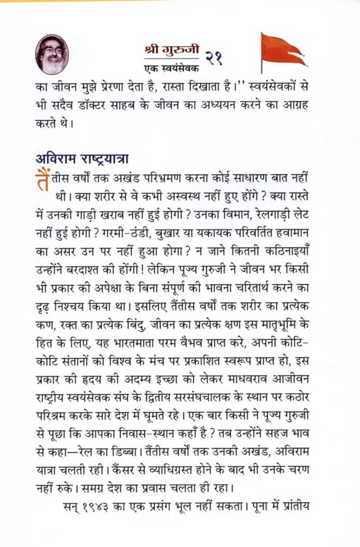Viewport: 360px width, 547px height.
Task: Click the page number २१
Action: (214, 57)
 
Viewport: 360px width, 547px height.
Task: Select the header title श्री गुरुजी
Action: (172, 49)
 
